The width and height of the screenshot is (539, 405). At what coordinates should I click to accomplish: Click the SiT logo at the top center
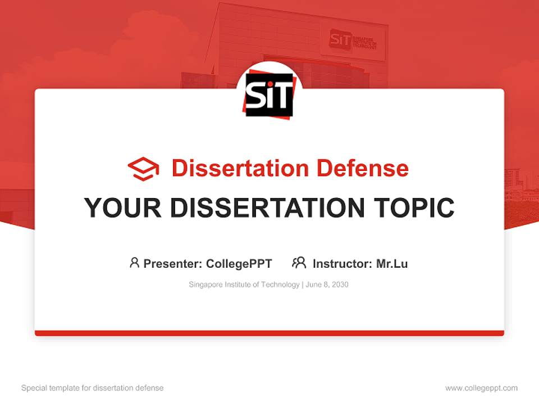click(269, 94)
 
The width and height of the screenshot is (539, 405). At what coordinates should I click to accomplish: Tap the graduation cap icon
click(143, 169)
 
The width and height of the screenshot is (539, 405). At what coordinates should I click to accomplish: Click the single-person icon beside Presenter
click(134, 263)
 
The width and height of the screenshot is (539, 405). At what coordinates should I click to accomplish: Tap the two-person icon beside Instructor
click(299, 263)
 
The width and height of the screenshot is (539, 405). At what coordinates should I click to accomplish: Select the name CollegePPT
click(239, 263)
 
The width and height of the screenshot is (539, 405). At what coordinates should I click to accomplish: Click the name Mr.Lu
click(392, 263)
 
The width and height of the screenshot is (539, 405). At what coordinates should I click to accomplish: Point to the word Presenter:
click(173, 263)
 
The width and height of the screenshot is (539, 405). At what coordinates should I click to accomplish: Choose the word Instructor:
click(342, 263)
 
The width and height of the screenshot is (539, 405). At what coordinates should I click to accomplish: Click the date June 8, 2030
click(327, 285)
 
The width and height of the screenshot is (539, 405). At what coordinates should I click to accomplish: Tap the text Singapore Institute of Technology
click(244, 285)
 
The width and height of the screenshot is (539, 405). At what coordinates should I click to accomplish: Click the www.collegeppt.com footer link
click(481, 388)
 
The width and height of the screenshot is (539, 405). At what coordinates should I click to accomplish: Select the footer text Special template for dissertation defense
click(93, 388)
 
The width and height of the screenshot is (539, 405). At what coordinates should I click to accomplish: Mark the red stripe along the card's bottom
click(269, 333)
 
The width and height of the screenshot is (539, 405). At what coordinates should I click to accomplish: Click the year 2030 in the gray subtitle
click(340, 285)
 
